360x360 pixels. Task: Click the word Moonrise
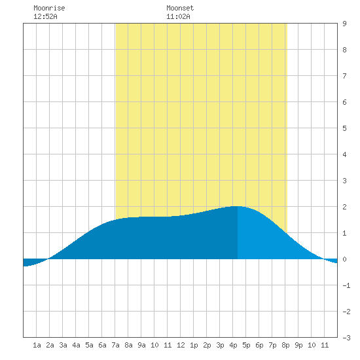tap(49, 8)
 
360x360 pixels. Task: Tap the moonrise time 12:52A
tap(45, 16)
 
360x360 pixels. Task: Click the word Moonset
tap(180, 8)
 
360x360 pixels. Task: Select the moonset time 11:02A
tap(178, 16)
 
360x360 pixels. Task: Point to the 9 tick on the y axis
tap(344, 24)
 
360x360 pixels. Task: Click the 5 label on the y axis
tap(344, 128)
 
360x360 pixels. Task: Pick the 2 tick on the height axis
tap(344, 207)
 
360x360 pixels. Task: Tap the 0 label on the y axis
tap(344, 259)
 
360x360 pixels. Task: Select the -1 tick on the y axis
tap(346, 285)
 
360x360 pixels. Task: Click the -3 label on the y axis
tap(346, 338)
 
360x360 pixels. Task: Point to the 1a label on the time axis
tap(37, 345)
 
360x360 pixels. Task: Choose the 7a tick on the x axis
tap(115, 345)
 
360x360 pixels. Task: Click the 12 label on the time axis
tap(181, 345)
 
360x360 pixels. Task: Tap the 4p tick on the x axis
tap(233, 345)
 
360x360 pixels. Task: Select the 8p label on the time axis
tap(285, 345)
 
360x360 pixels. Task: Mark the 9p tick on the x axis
tap(298, 345)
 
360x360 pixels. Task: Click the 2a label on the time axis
tap(50, 345)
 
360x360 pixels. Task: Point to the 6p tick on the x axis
tap(259, 345)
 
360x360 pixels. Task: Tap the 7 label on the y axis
tap(344, 76)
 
